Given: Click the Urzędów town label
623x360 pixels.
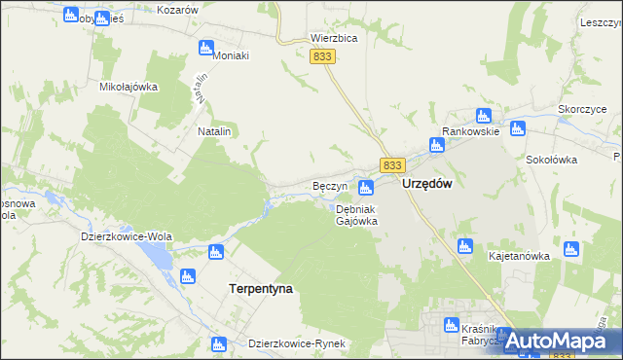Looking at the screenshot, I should click(426, 185).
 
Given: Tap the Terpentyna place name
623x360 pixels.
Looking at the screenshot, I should click(260, 289).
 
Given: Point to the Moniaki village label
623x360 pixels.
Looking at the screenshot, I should click(231, 55).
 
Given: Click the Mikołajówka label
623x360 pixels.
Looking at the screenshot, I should click(128, 87).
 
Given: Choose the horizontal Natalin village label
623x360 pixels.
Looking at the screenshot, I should click(214, 130).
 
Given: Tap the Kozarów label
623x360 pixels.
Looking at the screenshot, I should click(177, 9).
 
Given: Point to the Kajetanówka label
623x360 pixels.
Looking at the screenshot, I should click(519, 257).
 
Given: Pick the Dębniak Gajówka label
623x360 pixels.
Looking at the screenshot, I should click(356, 215).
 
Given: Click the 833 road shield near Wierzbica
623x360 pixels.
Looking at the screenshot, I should click(324, 57).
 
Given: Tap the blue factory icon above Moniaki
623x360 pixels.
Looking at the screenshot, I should click(205, 48).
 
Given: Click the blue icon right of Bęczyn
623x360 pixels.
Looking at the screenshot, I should click(366, 187).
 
